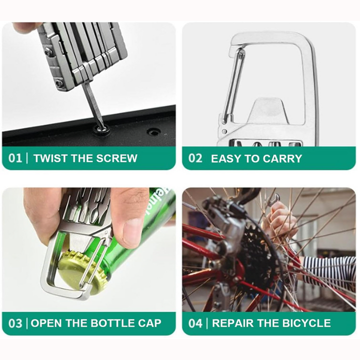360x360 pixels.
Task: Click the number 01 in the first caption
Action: [15, 158]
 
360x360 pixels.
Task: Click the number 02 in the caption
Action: [195, 158]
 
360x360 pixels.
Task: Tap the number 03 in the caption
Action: [15, 323]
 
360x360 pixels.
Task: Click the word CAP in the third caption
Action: [149, 323]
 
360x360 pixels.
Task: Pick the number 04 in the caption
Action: [195, 323]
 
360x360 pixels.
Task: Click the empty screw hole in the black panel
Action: [152, 132]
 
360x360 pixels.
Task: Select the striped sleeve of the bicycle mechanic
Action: [329, 270]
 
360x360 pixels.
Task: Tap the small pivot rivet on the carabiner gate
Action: [224, 132]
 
